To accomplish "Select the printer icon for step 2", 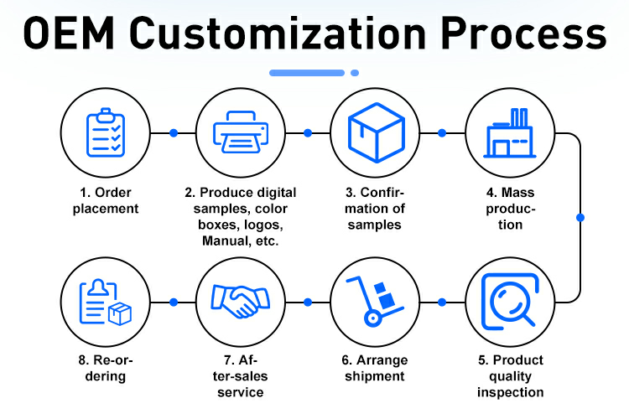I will pos(240,133).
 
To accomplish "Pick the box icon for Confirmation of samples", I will pos(374,133).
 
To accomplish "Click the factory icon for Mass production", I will pos(509,133).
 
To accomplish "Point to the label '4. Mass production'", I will pos(509,209).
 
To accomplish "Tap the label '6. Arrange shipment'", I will pos(374,368).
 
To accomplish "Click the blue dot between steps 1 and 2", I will pos(173,133).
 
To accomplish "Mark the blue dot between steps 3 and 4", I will pos(442,133).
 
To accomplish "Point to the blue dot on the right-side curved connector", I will pos(580,217).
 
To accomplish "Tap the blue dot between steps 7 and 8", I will pos(173,302).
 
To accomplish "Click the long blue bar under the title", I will pos(307,73).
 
